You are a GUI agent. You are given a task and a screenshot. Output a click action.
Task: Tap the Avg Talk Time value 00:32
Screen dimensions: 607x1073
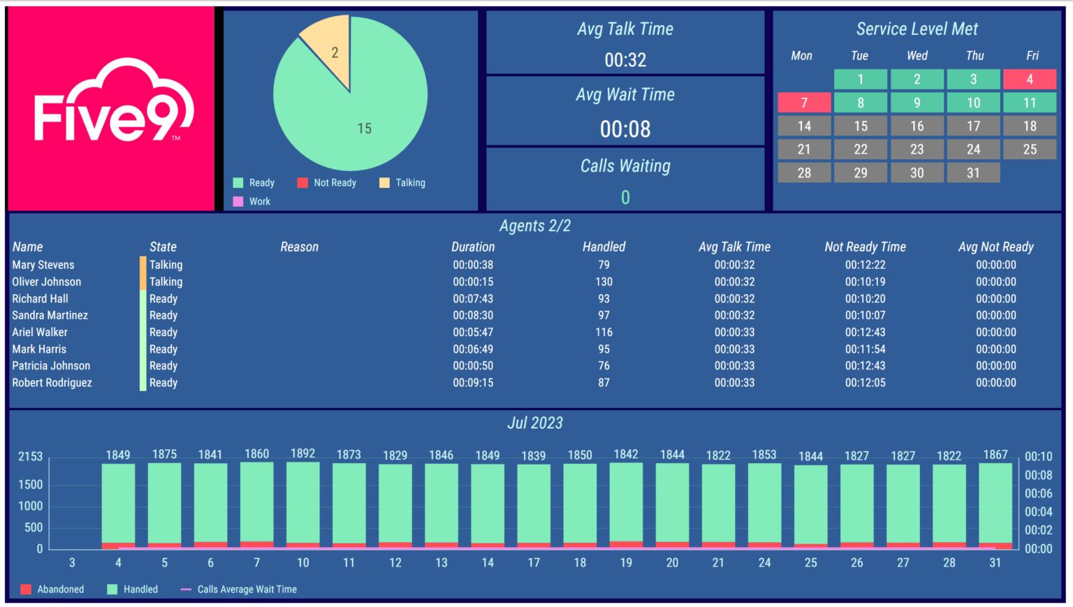coord(625,60)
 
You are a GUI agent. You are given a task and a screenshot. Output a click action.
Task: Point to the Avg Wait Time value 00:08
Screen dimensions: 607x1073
coord(625,129)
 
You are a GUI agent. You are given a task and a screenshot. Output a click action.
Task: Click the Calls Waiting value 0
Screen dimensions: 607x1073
coord(625,198)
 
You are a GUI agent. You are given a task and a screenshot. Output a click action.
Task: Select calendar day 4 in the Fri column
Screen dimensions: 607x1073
coord(1030,80)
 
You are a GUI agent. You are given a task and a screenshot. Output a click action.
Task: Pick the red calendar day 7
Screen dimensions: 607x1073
coord(804,103)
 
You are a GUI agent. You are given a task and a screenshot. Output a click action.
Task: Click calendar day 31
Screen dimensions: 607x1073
coord(973,173)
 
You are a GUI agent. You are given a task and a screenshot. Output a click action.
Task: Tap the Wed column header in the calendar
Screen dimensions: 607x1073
coord(917,56)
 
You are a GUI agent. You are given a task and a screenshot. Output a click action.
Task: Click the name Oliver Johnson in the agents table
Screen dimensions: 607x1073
coord(47,282)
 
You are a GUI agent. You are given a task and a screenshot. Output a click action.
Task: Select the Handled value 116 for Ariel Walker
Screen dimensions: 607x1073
coord(604,332)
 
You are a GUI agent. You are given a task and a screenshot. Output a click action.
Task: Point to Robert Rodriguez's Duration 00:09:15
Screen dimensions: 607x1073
coord(473,383)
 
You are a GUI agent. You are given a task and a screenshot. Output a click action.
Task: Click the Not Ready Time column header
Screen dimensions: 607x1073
coord(865,247)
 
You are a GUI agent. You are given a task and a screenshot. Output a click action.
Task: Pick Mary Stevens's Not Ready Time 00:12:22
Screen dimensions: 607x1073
coord(865,265)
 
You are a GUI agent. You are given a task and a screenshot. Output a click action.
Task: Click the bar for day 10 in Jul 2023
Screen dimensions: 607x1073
coord(303,503)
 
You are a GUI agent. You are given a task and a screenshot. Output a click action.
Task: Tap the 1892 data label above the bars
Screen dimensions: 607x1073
coord(303,454)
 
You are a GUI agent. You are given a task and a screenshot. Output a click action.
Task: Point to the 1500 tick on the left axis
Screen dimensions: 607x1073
coord(31,485)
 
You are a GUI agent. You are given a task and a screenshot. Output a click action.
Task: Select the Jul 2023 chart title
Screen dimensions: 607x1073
coord(535,423)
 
